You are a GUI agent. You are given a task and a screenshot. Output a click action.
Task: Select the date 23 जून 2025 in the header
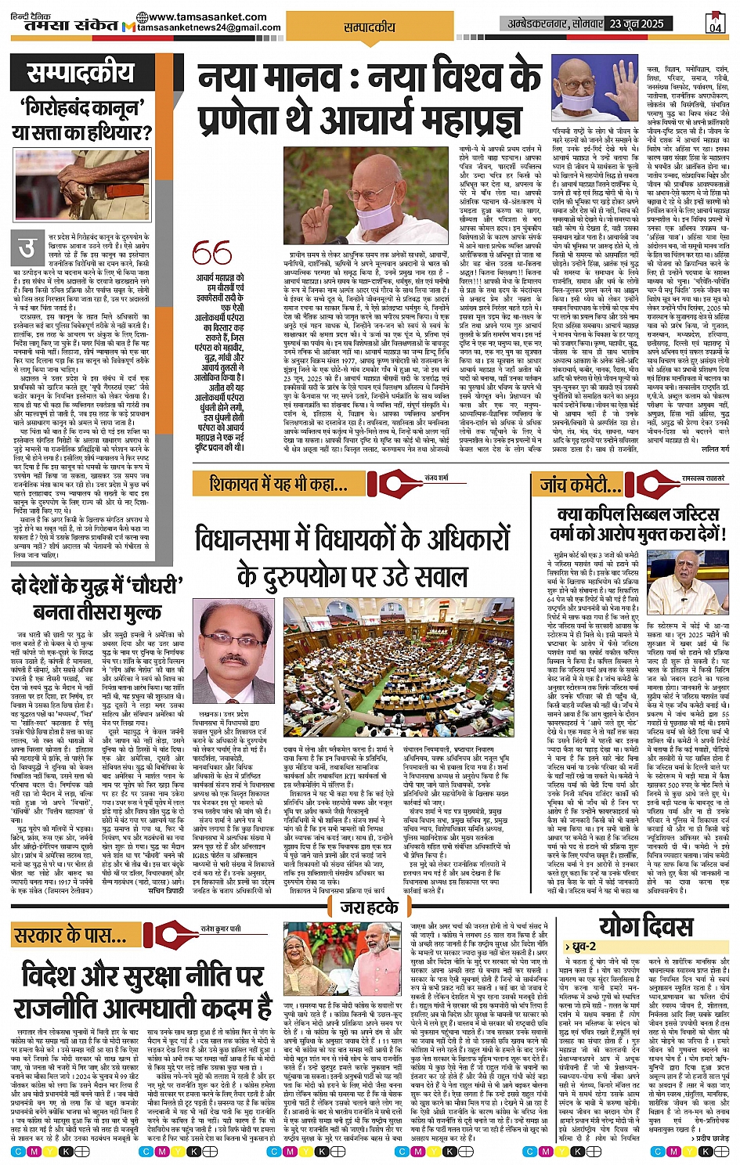637,23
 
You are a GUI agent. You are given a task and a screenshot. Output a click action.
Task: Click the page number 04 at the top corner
715,27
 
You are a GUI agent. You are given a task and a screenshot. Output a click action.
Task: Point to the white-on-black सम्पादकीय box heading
80,74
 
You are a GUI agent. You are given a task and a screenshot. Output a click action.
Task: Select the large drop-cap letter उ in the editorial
27,249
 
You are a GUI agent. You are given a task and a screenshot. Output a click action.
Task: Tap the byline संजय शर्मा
436,477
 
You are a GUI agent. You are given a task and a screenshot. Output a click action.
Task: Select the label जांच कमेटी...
577,485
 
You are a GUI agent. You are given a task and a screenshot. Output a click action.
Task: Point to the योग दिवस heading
645,926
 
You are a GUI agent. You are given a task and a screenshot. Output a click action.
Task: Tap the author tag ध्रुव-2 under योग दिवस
582,947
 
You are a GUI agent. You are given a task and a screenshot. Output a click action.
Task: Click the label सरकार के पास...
71,935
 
